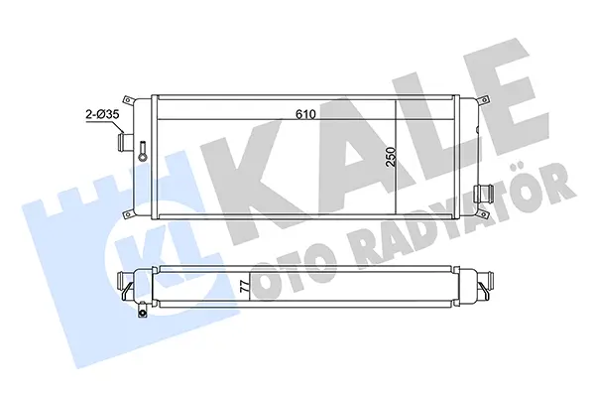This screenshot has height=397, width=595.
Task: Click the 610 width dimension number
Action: coord(305,113)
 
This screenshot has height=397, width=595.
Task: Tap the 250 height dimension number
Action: coord(391,157)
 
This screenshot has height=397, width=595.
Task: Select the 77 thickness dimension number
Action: coord(246,286)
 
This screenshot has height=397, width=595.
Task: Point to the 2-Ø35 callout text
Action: coord(102,114)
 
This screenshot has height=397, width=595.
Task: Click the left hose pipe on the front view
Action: coord(125,141)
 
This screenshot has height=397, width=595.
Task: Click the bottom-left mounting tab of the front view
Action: coord(128,214)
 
